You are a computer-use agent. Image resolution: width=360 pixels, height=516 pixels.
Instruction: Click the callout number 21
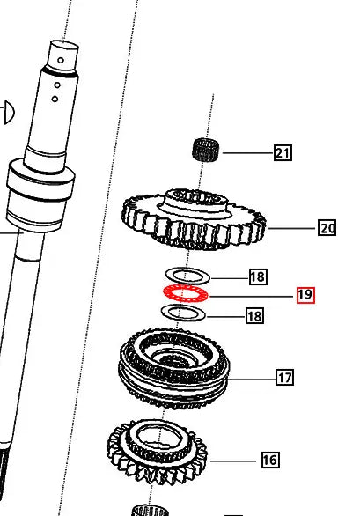point(283,153)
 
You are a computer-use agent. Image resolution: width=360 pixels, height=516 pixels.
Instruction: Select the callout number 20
point(327,228)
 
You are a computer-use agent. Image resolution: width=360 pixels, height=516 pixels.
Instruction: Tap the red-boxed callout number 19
point(305,295)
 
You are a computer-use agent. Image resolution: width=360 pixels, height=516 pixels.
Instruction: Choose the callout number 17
point(284,379)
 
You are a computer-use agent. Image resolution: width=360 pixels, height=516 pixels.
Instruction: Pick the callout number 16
point(269,459)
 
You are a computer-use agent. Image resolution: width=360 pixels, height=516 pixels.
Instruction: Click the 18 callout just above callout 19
point(257,277)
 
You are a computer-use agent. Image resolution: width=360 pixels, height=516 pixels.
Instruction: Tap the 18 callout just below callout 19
point(254,315)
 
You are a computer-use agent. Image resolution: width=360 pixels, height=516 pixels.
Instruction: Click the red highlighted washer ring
point(185,293)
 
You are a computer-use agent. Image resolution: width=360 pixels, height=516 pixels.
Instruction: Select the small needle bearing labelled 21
point(206,150)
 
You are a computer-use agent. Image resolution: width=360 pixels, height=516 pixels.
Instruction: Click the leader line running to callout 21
point(246,153)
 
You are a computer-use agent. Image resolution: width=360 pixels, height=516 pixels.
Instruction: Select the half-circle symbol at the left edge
point(8,112)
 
